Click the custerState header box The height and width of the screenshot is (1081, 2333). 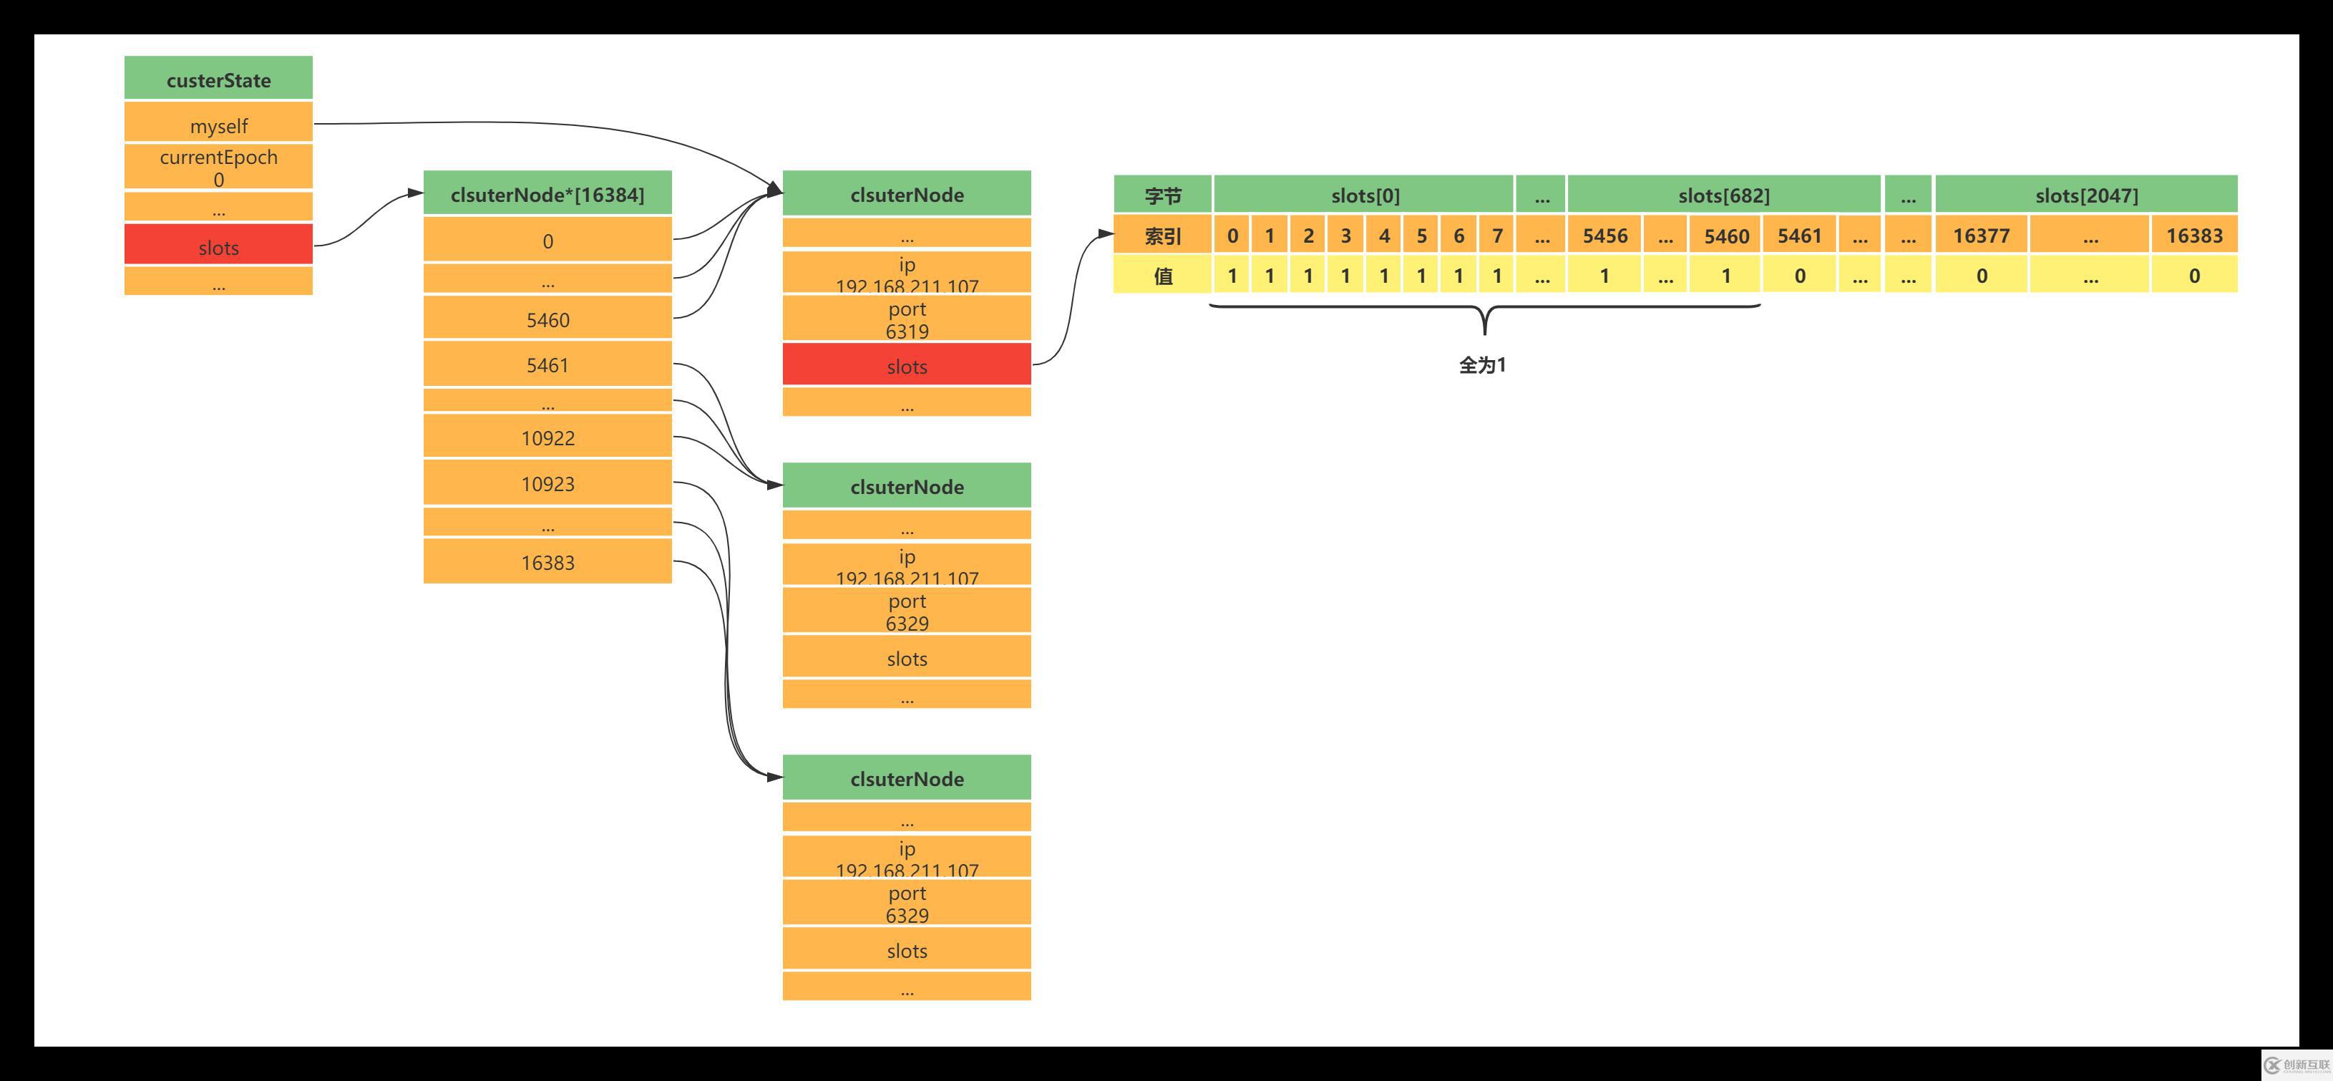pyautogui.click(x=218, y=79)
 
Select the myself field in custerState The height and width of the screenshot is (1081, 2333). pyautogui.click(x=218, y=123)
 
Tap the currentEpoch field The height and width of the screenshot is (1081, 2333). pyautogui.click(x=218, y=167)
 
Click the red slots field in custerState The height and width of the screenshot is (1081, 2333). pyautogui.click(x=218, y=246)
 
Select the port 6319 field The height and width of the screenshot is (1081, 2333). pyautogui.click(x=907, y=319)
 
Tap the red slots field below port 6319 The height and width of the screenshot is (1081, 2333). pyautogui.click(x=907, y=365)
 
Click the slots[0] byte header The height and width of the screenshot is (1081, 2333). pyautogui.click(x=1364, y=195)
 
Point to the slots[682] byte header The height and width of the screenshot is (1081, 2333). pyautogui.click(x=1723, y=195)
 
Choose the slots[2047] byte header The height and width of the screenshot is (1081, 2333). pyautogui.click(x=2086, y=195)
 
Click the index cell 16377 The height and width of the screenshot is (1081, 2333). pyautogui.click(x=1981, y=236)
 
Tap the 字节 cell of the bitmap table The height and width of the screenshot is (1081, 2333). pyautogui.click(x=1162, y=195)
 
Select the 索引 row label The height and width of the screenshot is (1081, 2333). pyautogui.click(x=1162, y=236)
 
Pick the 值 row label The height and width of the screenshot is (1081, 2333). pyautogui.click(x=1162, y=276)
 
